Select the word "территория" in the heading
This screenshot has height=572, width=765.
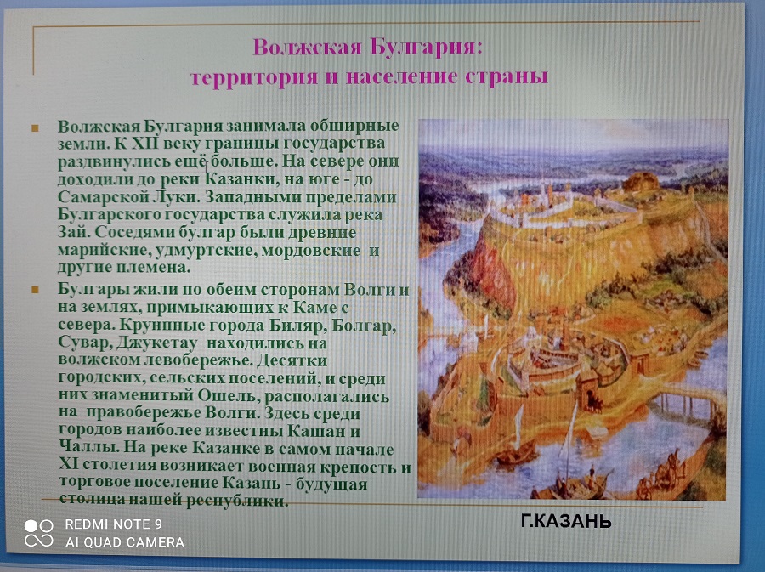click(x=253, y=78)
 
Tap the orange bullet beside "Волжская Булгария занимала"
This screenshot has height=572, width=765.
click(x=35, y=128)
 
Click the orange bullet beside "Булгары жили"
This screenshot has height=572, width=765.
click(x=35, y=290)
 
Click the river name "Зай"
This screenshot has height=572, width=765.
click(x=71, y=232)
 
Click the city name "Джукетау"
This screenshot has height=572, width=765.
click(x=157, y=343)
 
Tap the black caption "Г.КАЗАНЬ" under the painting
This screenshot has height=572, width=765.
click(x=566, y=522)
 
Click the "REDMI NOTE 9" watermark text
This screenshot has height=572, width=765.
click(x=113, y=524)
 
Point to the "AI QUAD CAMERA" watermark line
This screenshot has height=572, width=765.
click(x=125, y=542)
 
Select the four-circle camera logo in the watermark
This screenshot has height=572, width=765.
click(x=39, y=533)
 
